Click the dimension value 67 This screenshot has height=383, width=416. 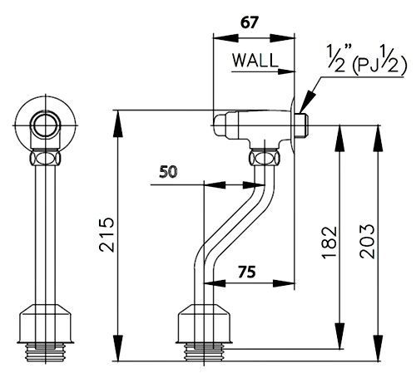pyautogui.click(x=250, y=22)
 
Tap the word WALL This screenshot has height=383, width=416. pyautogui.click(x=255, y=60)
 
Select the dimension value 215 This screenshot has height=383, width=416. pyautogui.click(x=106, y=235)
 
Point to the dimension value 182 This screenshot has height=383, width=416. pyautogui.click(x=329, y=243)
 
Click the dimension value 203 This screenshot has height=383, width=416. pyautogui.click(x=367, y=242)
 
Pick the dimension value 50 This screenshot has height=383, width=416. pyautogui.click(x=168, y=172)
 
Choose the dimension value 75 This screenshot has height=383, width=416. pyautogui.click(x=247, y=272)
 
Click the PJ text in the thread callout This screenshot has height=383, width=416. pyautogui.click(x=369, y=66)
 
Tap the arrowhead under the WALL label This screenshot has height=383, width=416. pyautogui.click(x=285, y=71)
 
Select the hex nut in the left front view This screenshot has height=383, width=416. pyautogui.click(x=46, y=157)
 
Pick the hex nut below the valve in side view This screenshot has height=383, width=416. pyautogui.click(x=265, y=157)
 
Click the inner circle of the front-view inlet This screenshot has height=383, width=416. pyautogui.click(x=46, y=125)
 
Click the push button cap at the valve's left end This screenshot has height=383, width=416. pyautogui.click(x=220, y=125)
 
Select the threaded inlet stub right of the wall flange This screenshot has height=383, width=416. pyautogui.click(x=301, y=125)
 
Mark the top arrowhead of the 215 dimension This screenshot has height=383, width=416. pyautogui.click(x=118, y=123)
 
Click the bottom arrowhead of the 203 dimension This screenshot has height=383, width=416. pyautogui.click(x=378, y=348)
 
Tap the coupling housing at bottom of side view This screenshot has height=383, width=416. pyautogui.click(x=204, y=323)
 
